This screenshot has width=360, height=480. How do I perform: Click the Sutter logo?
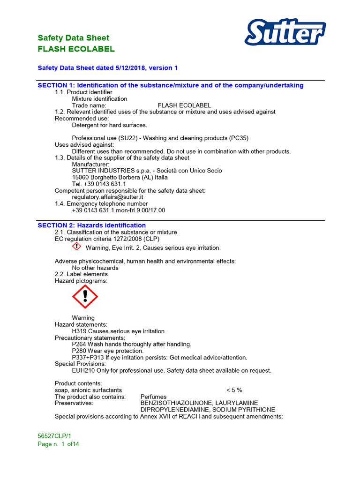point(285,34)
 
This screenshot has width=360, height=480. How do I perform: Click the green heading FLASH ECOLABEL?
point(76,49)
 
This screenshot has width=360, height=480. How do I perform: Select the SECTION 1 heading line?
point(171,85)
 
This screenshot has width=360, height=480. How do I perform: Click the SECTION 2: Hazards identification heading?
point(91,225)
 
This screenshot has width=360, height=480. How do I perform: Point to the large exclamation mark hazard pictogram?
point(85,296)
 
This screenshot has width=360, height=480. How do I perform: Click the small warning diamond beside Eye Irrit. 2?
point(77,247)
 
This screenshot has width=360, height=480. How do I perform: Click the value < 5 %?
point(234,390)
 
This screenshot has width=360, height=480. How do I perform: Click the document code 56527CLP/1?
point(54,436)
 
